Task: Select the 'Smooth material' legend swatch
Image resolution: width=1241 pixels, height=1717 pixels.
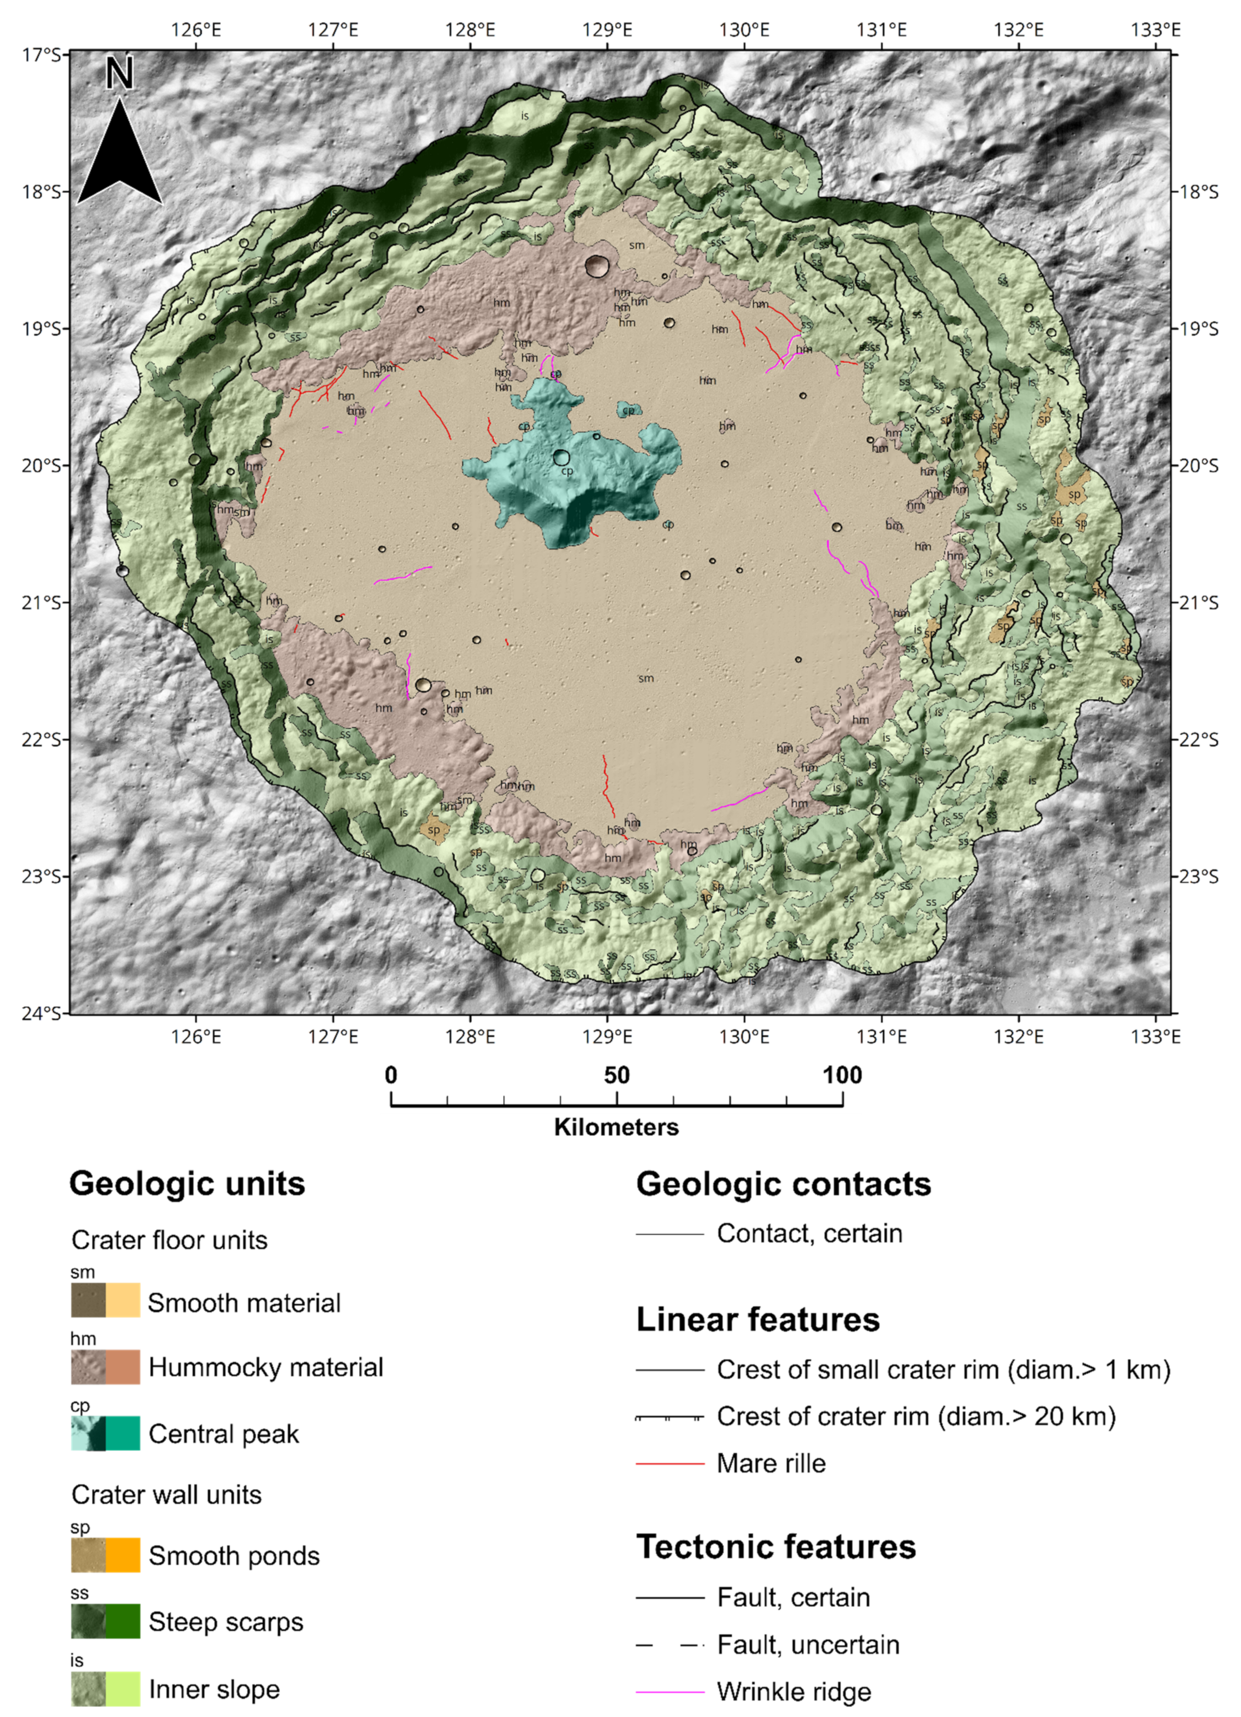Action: point(105,1300)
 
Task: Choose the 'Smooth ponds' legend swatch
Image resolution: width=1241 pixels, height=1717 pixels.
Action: point(105,1555)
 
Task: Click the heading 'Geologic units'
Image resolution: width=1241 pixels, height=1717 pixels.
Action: point(187,1183)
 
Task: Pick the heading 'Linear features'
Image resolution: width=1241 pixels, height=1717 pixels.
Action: point(757,1320)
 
